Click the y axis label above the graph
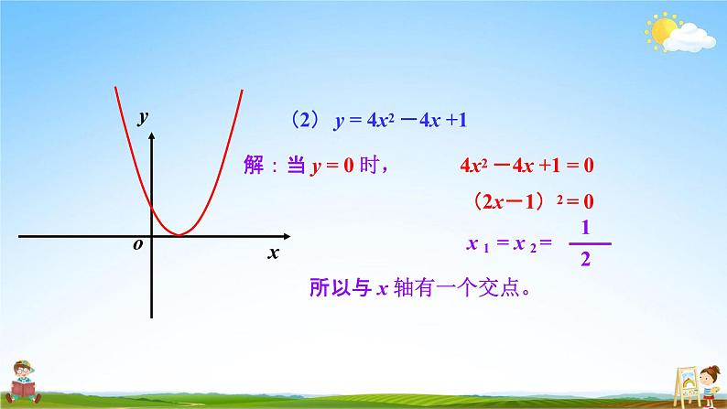point(143,117)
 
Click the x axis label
point(272,253)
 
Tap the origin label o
point(137,245)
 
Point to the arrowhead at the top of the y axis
point(153,135)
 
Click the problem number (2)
point(299,119)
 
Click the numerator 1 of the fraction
point(584,226)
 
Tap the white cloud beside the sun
point(693,38)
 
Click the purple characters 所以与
point(338,289)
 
